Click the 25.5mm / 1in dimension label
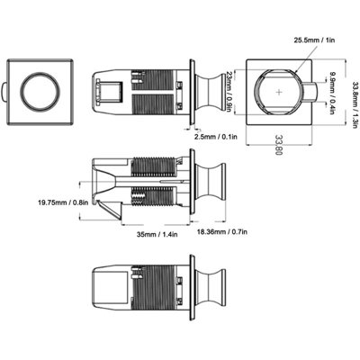coord(314,40)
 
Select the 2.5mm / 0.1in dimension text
coord(216,137)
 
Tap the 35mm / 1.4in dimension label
coord(157,234)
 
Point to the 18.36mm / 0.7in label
coord(222,231)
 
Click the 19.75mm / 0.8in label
coord(63,202)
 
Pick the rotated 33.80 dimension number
coord(278,145)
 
